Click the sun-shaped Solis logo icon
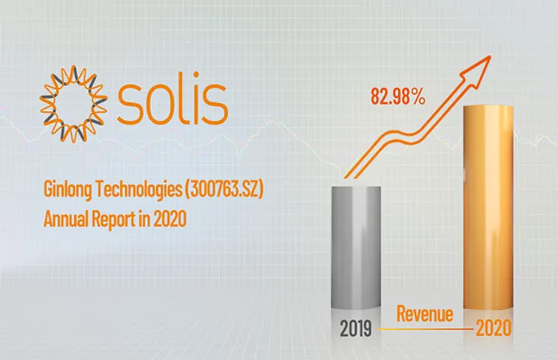[73, 104]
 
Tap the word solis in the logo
[172, 103]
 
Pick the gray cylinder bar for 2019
[357, 247]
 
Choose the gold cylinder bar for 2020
[488, 210]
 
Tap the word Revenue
[424, 313]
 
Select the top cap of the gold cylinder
[488, 109]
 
